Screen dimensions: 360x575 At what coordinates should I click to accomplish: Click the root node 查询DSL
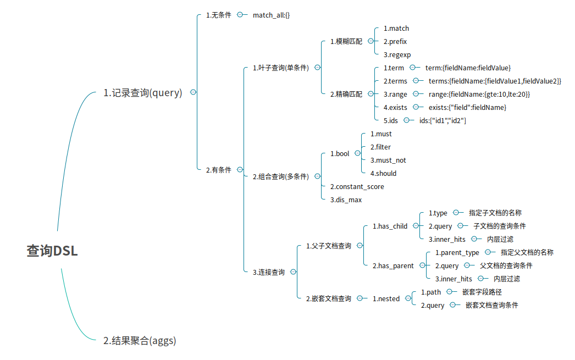(52, 251)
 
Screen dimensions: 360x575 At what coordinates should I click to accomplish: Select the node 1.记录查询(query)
(142, 93)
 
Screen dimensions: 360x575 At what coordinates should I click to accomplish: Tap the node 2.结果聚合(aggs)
(140, 341)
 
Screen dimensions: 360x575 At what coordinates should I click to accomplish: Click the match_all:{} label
(271, 15)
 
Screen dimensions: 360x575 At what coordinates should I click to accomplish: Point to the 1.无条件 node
(218, 15)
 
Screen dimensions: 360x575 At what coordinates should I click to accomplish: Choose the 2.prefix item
(395, 41)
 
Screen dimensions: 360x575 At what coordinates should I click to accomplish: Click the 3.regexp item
(397, 54)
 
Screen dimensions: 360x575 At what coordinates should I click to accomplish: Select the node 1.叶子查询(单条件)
(280, 68)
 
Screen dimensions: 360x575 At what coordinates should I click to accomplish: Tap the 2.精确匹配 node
(346, 94)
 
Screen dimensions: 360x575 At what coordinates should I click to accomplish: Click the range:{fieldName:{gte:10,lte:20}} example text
(479, 94)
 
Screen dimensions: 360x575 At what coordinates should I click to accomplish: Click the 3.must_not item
(388, 160)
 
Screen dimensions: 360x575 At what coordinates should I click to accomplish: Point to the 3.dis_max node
(346, 200)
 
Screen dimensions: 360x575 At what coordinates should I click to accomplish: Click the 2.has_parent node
(392, 265)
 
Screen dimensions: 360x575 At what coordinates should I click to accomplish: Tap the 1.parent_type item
(457, 252)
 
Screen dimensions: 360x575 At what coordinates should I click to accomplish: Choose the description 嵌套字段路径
(482, 292)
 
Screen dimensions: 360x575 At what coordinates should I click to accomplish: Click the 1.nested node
(386, 298)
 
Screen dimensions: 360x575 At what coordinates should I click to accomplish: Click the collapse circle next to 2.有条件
(240, 170)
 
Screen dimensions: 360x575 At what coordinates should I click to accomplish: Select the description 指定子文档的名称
(495, 213)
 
